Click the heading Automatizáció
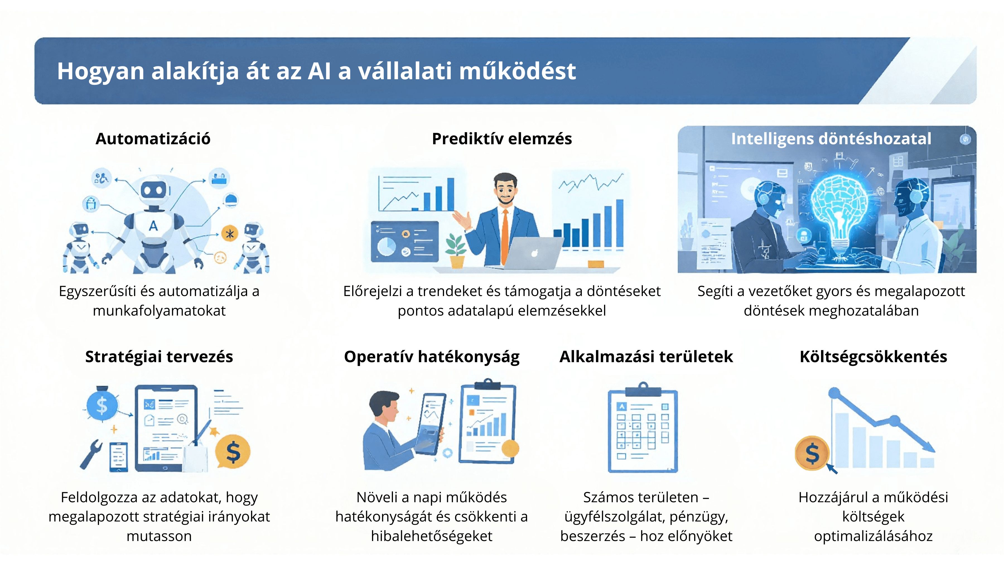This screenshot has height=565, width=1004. click(x=153, y=139)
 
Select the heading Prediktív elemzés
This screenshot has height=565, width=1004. click(x=502, y=139)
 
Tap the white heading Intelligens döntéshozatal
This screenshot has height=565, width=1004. click(x=831, y=139)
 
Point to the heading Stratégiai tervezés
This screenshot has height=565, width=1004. click(x=159, y=357)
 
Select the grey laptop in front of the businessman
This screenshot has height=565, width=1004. click(x=532, y=253)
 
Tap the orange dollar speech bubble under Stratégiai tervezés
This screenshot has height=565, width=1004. click(x=233, y=451)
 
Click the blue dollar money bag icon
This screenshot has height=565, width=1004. click(x=102, y=404)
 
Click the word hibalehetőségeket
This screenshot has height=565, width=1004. click(x=431, y=536)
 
